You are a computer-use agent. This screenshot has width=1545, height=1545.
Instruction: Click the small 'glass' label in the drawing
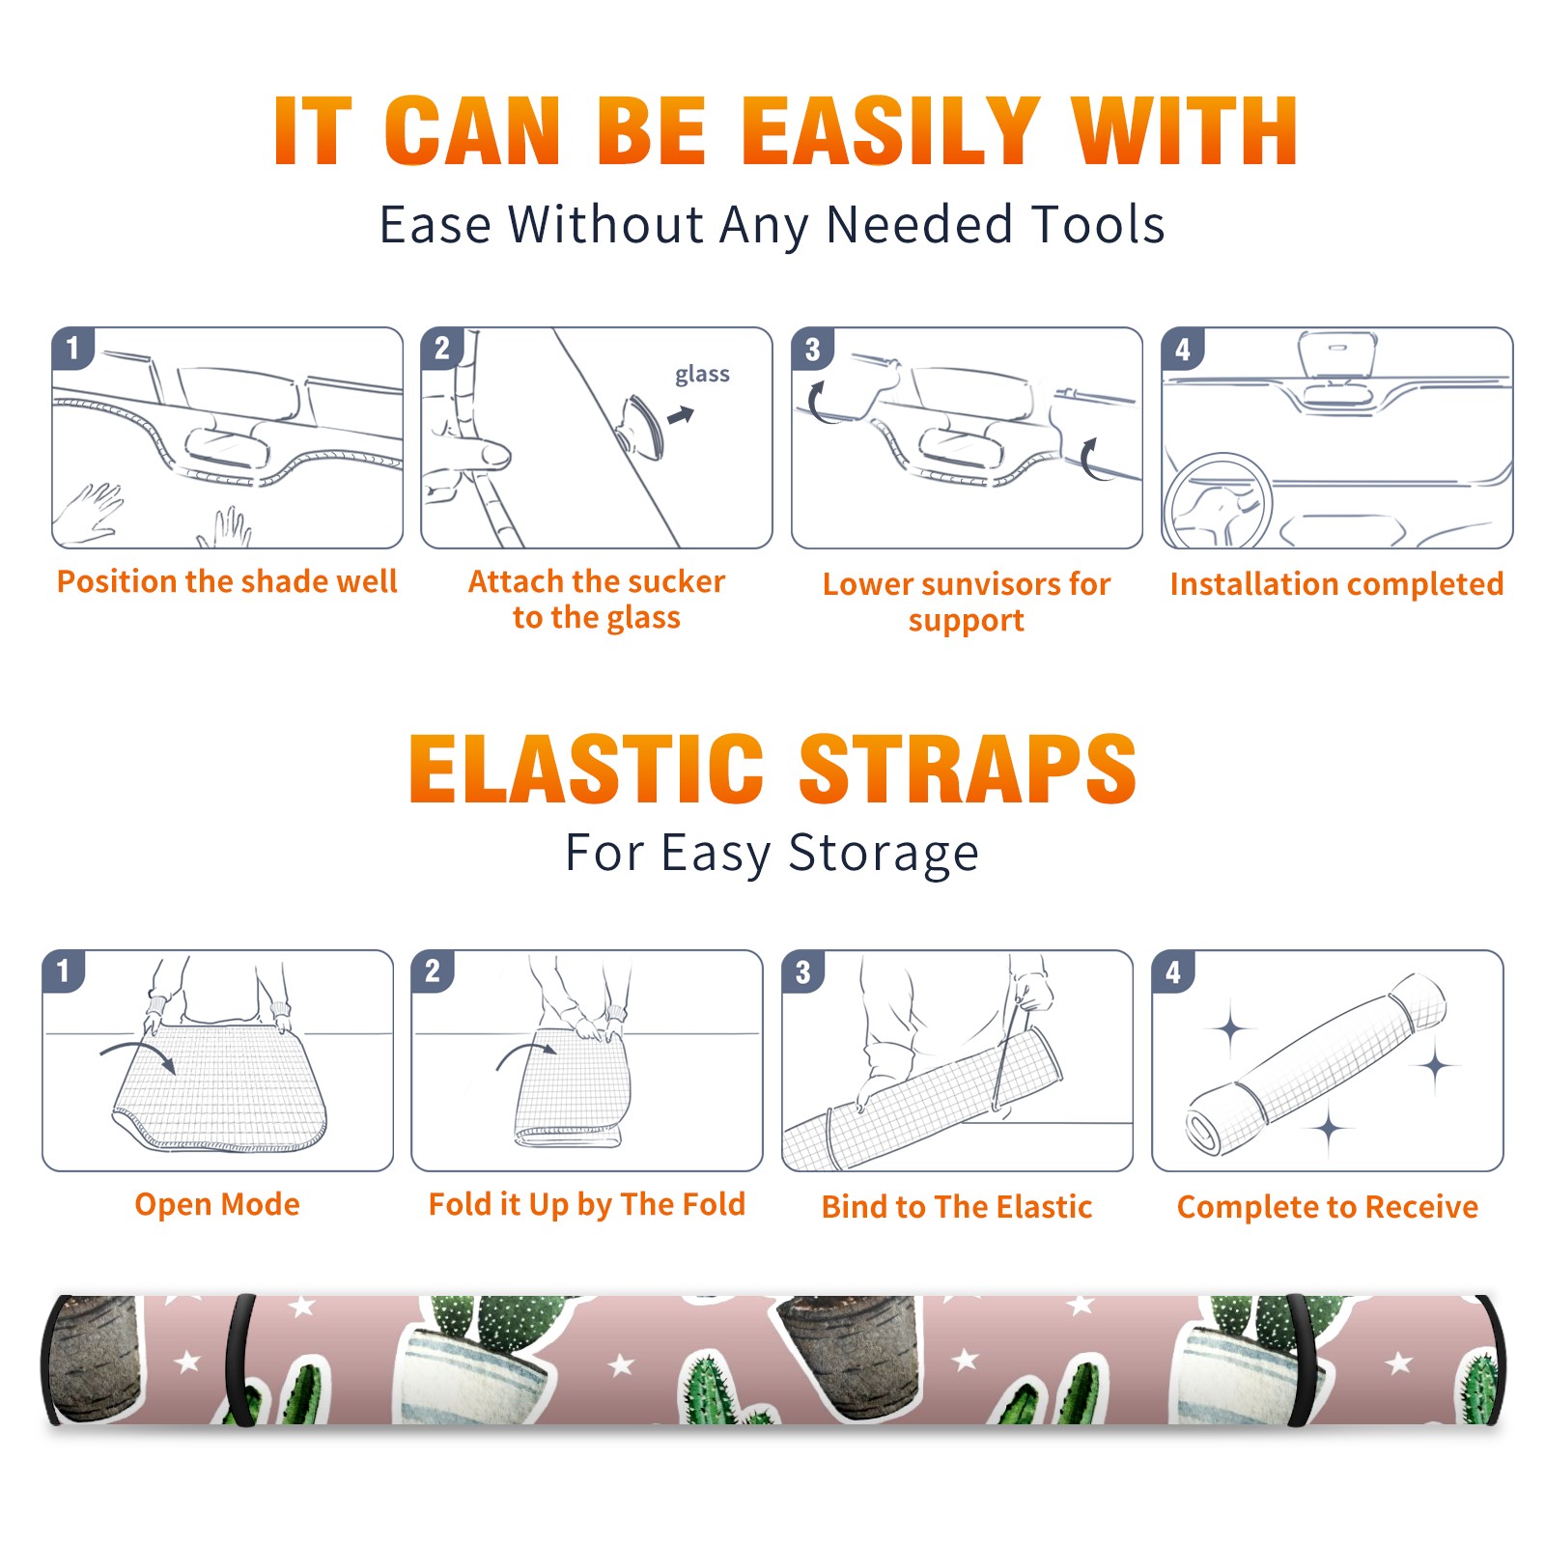[x=702, y=375]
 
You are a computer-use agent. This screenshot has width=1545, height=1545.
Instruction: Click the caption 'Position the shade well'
[x=227, y=581]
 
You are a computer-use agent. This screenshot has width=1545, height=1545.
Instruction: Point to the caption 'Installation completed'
[x=1336, y=583]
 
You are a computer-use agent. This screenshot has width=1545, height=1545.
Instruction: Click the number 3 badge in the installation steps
[x=812, y=349]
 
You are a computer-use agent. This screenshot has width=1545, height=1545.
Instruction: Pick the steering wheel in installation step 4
[x=1218, y=502]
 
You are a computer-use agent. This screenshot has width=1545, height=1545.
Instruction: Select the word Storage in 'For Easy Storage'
[x=884, y=854]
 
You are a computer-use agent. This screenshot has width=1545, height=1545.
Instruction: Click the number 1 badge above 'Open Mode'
[x=64, y=970]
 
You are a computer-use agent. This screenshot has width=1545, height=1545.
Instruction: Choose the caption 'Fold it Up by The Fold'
[x=587, y=1204]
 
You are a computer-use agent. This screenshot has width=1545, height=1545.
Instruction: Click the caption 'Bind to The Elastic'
[x=957, y=1207]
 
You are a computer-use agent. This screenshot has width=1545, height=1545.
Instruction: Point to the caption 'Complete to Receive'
[x=1328, y=1207]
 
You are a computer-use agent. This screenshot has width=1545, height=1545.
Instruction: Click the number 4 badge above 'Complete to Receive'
[x=1173, y=971]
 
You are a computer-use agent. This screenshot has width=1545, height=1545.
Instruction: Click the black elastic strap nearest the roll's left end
[x=239, y=1360]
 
